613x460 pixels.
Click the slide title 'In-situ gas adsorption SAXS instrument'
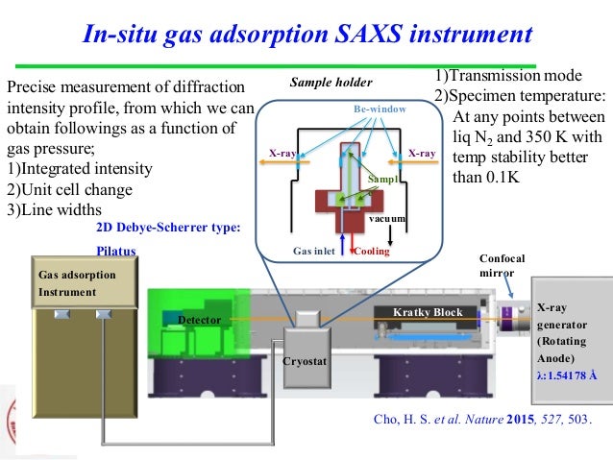[306, 36]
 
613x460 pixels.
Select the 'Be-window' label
[380, 110]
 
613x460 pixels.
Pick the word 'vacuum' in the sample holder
[390, 219]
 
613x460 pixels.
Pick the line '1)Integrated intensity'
[80, 168]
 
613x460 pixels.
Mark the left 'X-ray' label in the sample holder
[282, 153]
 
